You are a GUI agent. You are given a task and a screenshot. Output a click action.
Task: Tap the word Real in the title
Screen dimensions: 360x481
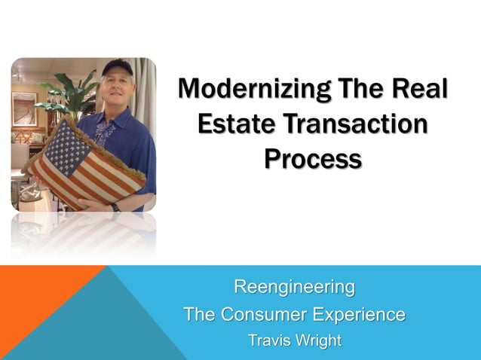click(419, 90)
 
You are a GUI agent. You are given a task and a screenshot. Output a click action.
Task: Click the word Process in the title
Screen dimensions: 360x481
click(313, 159)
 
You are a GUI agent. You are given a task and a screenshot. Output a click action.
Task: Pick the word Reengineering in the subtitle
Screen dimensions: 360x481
click(294, 287)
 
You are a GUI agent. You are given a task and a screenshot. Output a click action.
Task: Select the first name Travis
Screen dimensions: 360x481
click(269, 340)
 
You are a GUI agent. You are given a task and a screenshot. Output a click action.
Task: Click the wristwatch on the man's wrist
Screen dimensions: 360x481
click(115, 206)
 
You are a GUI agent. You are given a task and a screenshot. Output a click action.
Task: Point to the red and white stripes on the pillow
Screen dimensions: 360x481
click(106, 177)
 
